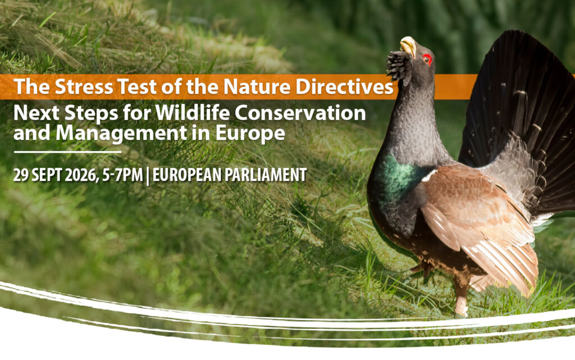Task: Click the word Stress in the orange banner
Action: click(84, 87)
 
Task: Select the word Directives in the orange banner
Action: click(344, 87)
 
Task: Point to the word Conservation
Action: click(300, 113)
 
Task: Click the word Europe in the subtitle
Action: click(250, 134)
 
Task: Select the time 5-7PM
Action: click(122, 175)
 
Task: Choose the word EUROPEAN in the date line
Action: click(186, 175)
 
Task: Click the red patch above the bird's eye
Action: click(427, 58)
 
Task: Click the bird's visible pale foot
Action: click(460, 307)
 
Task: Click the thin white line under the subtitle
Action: click(67, 152)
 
